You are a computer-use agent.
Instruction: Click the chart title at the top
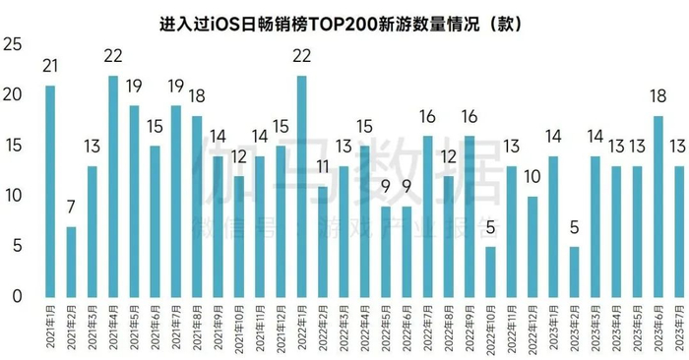pyautogui.click(x=344, y=21)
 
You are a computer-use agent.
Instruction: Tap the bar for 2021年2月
pyautogui.click(x=71, y=262)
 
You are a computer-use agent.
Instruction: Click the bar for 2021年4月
pyautogui.click(x=113, y=186)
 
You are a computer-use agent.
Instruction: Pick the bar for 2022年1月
pyautogui.click(x=302, y=186)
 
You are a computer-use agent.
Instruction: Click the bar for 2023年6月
pyautogui.click(x=658, y=207)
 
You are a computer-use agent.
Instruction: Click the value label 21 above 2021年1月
pyautogui.click(x=49, y=67)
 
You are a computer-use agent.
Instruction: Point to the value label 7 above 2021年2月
pyautogui.click(x=71, y=209)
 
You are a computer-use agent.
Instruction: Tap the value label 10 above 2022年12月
pyautogui.click(x=532, y=178)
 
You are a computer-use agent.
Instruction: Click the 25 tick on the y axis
pyautogui.click(x=13, y=45)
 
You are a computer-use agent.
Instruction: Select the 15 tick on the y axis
pyautogui.click(x=13, y=146)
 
